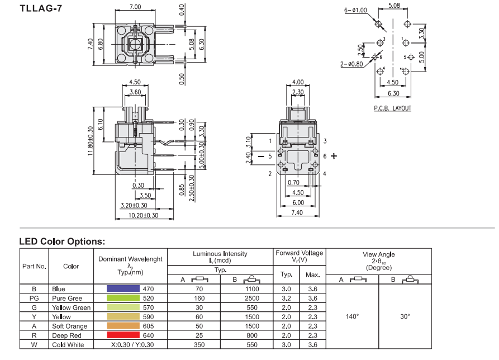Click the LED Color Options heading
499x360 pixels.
pyautogui.click(x=62, y=242)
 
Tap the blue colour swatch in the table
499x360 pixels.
pyautogui.click(x=123, y=290)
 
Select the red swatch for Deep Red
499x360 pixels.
pyautogui.click(x=123, y=335)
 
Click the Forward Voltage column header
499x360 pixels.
pyautogui.click(x=300, y=257)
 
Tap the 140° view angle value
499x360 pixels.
pyautogui.click(x=352, y=317)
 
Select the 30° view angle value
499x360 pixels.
pyautogui.click(x=405, y=317)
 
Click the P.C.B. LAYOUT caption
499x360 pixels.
pyautogui.click(x=392, y=108)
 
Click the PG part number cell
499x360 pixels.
pyautogui.click(x=34, y=299)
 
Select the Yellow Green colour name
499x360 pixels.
pyautogui.click(x=71, y=308)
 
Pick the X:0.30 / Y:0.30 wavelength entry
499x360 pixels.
pyautogui.click(x=133, y=345)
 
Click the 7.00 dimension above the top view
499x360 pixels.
pyautogui.click(x=135, y=7)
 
